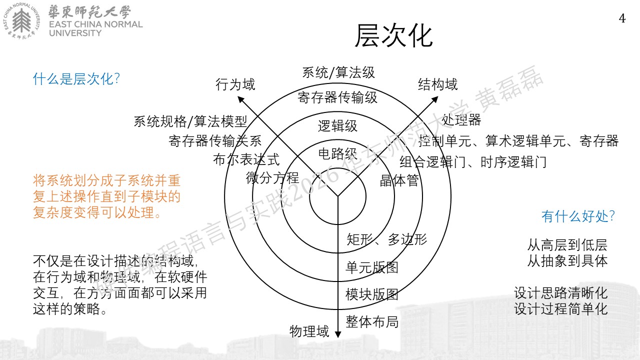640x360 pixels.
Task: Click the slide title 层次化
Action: click(393, 35)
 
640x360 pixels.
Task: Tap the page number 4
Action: click(622, 18)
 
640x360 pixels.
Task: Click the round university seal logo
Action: click(21, 20)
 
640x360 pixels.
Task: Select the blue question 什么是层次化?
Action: click(76, 79)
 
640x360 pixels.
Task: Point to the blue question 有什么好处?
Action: click(578, 216)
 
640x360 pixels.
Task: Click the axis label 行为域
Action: click(235, 84)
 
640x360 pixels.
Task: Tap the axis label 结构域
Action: click(437, 84)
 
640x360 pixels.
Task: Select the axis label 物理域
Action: click(309, 331)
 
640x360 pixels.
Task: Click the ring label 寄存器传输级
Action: click(337, 97)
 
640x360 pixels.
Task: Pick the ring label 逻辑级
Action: click(337, 126)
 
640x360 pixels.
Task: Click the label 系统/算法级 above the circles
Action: click(338, 72)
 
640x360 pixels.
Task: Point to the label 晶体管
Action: click(399, 180)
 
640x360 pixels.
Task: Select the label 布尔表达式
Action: click(246, 159)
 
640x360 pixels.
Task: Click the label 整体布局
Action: click(372, 321)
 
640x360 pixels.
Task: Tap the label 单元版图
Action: click(372, 267)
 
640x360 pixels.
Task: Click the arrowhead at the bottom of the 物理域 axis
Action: click(337, 334)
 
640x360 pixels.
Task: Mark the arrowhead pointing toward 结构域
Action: click(435, 99)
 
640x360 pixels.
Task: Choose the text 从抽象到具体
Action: click(567, 261)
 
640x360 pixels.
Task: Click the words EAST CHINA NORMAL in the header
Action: click(95, 24)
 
